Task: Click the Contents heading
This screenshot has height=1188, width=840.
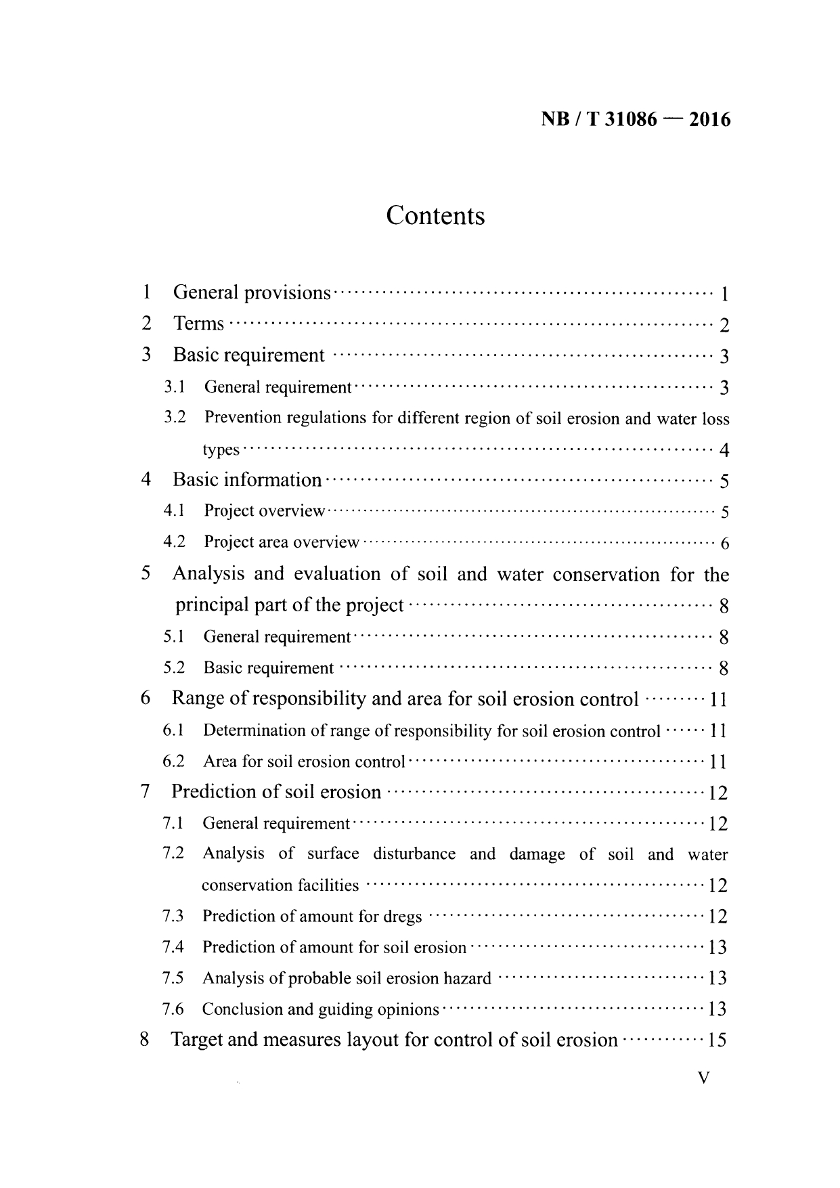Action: click(x=435, y=216)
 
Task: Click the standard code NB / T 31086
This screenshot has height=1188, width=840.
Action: click(x=599, y=120)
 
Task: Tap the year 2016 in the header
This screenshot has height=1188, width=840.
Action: click(x=708, y=120)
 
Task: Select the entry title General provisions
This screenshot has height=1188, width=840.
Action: click(x=252, y=293)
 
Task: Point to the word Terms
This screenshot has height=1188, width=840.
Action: click(x=198, y=324)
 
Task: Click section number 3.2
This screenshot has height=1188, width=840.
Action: click(x=175, y=418)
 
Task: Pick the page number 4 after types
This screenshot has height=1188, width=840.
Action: click(x=724, y=450)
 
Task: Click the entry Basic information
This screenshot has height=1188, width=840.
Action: click(x=247, y=481)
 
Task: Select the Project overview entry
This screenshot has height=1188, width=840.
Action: click(x=264, y=511)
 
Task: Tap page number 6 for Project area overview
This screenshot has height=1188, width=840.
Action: click(x=724, y=544)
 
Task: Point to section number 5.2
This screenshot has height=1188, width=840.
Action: click(x=174, y=668)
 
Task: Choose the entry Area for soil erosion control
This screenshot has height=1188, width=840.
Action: click(x=303, y=762)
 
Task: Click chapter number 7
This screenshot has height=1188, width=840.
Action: click(x=144, y=792)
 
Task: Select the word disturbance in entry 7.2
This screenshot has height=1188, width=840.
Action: click(x=414, y=854)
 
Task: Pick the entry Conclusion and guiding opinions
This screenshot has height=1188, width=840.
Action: click(x=320, y=1010)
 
